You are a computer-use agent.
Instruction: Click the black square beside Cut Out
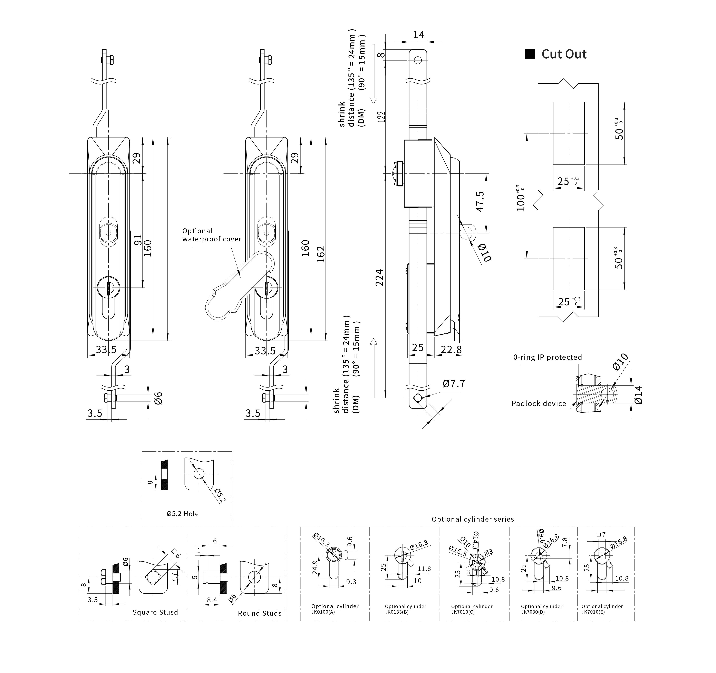[x=530, y=54]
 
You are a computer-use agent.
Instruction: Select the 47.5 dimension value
[x=480, y=202]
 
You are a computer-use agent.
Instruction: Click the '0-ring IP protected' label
[x=548, y=357]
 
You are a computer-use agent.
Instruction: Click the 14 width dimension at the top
[x=418, y=35]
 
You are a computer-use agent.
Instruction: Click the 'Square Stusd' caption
[x=155, y=613]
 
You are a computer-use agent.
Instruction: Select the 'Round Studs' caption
[x=259, y=613]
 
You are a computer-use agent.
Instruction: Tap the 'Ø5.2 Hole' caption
[x=183, y=514]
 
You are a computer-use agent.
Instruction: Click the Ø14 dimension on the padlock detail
[x=638, y=395]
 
